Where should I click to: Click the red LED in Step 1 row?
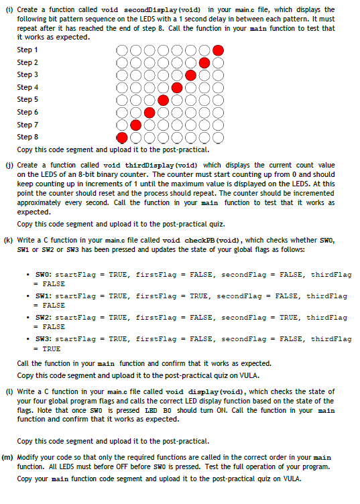tap(219, 50)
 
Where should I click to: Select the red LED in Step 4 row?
tap(177, 88)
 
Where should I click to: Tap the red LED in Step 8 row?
tap(122, 137)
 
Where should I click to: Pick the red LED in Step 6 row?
tap(149, 113)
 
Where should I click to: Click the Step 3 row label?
tap(27, 75)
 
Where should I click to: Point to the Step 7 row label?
tap(27, 125)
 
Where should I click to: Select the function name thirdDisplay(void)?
tap(141, 165)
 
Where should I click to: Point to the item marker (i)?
tap(7, 10)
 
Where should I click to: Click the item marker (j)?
tap(7, 165)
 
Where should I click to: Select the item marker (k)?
tap(7, 240)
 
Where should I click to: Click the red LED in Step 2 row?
tap(204, 63)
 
